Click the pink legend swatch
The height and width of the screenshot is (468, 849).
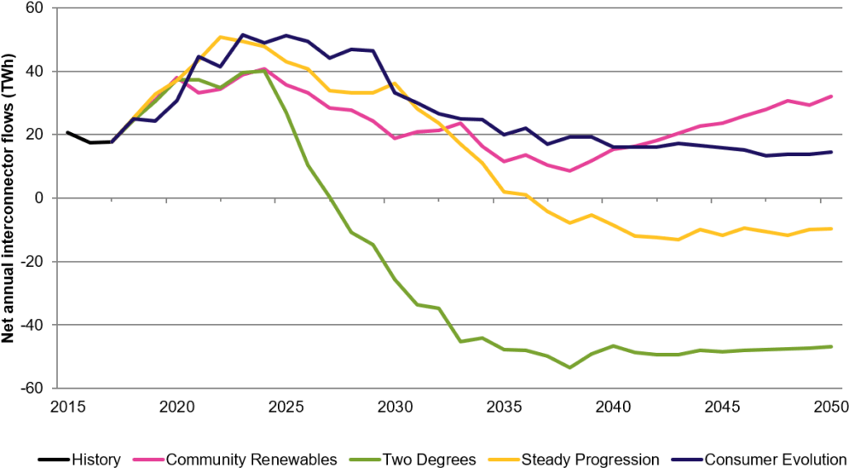click(x=148, y=459)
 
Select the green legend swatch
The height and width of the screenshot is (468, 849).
click(x=365, y=459)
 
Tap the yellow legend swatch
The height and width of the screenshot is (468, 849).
click(x=504, y=459)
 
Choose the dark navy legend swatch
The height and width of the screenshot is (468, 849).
click(x=687, y=459)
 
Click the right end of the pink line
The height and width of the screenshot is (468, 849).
click(x=832, y=95)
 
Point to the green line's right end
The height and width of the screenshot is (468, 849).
click(x=832, y=346)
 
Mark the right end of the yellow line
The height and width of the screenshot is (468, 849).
click(x=832, y=228)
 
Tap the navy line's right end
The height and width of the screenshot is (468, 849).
click(x=832, y=152)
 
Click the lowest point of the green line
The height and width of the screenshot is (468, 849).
click(x=569, y=367)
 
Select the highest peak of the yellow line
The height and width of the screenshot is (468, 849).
click(x=221, y=37)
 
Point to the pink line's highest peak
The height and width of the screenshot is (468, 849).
click(x=264, y=68)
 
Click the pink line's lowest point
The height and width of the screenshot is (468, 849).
click(x=569, y=170)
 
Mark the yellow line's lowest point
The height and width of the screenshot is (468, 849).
click(x=679, y=240)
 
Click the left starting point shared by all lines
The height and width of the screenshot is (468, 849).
click(x=112, y=142)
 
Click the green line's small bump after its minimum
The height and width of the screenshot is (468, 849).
click(x=612, y=345)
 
